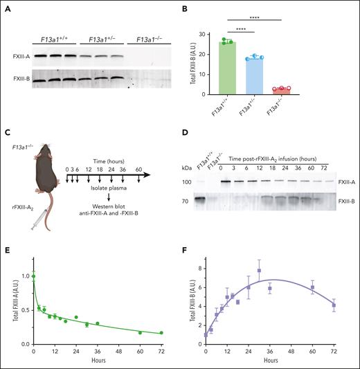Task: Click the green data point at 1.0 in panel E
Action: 33,276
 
